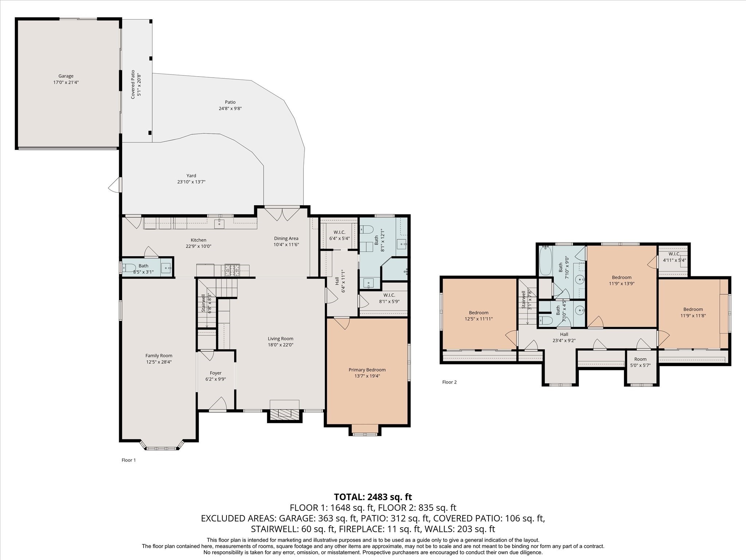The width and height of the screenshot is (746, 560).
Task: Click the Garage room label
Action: [x=66, y=76]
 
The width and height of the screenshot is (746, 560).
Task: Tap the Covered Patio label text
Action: [x=133, y=84]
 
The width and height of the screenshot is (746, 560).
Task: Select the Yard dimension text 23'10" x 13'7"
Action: [x=191, y=182]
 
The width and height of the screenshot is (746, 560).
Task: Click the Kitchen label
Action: [x=199, y=240]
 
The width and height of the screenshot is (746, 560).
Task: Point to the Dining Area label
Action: [x=286, y=238]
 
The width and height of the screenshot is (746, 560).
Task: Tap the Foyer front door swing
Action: [x=218, y=403]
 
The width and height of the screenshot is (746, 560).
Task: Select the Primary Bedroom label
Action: [x=367, y=370]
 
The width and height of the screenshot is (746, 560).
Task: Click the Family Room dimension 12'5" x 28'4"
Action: [x=159, y=362]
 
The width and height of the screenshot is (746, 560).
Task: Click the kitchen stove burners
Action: [x=232, y=271]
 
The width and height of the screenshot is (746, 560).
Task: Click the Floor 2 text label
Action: [x=449, y=382]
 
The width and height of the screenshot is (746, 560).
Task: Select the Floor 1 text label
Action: [x=129, y=460]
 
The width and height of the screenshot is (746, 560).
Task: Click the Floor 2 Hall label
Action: [x=564, y=334]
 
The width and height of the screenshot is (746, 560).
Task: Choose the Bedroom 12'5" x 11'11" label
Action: [x=479, y=316]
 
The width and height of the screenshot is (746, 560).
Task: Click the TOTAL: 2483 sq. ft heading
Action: [x=373, y=497]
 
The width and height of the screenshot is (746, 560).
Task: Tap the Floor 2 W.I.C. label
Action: [x=674, y=254]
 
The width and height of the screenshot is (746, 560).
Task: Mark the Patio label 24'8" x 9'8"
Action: [x=230, y=105]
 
